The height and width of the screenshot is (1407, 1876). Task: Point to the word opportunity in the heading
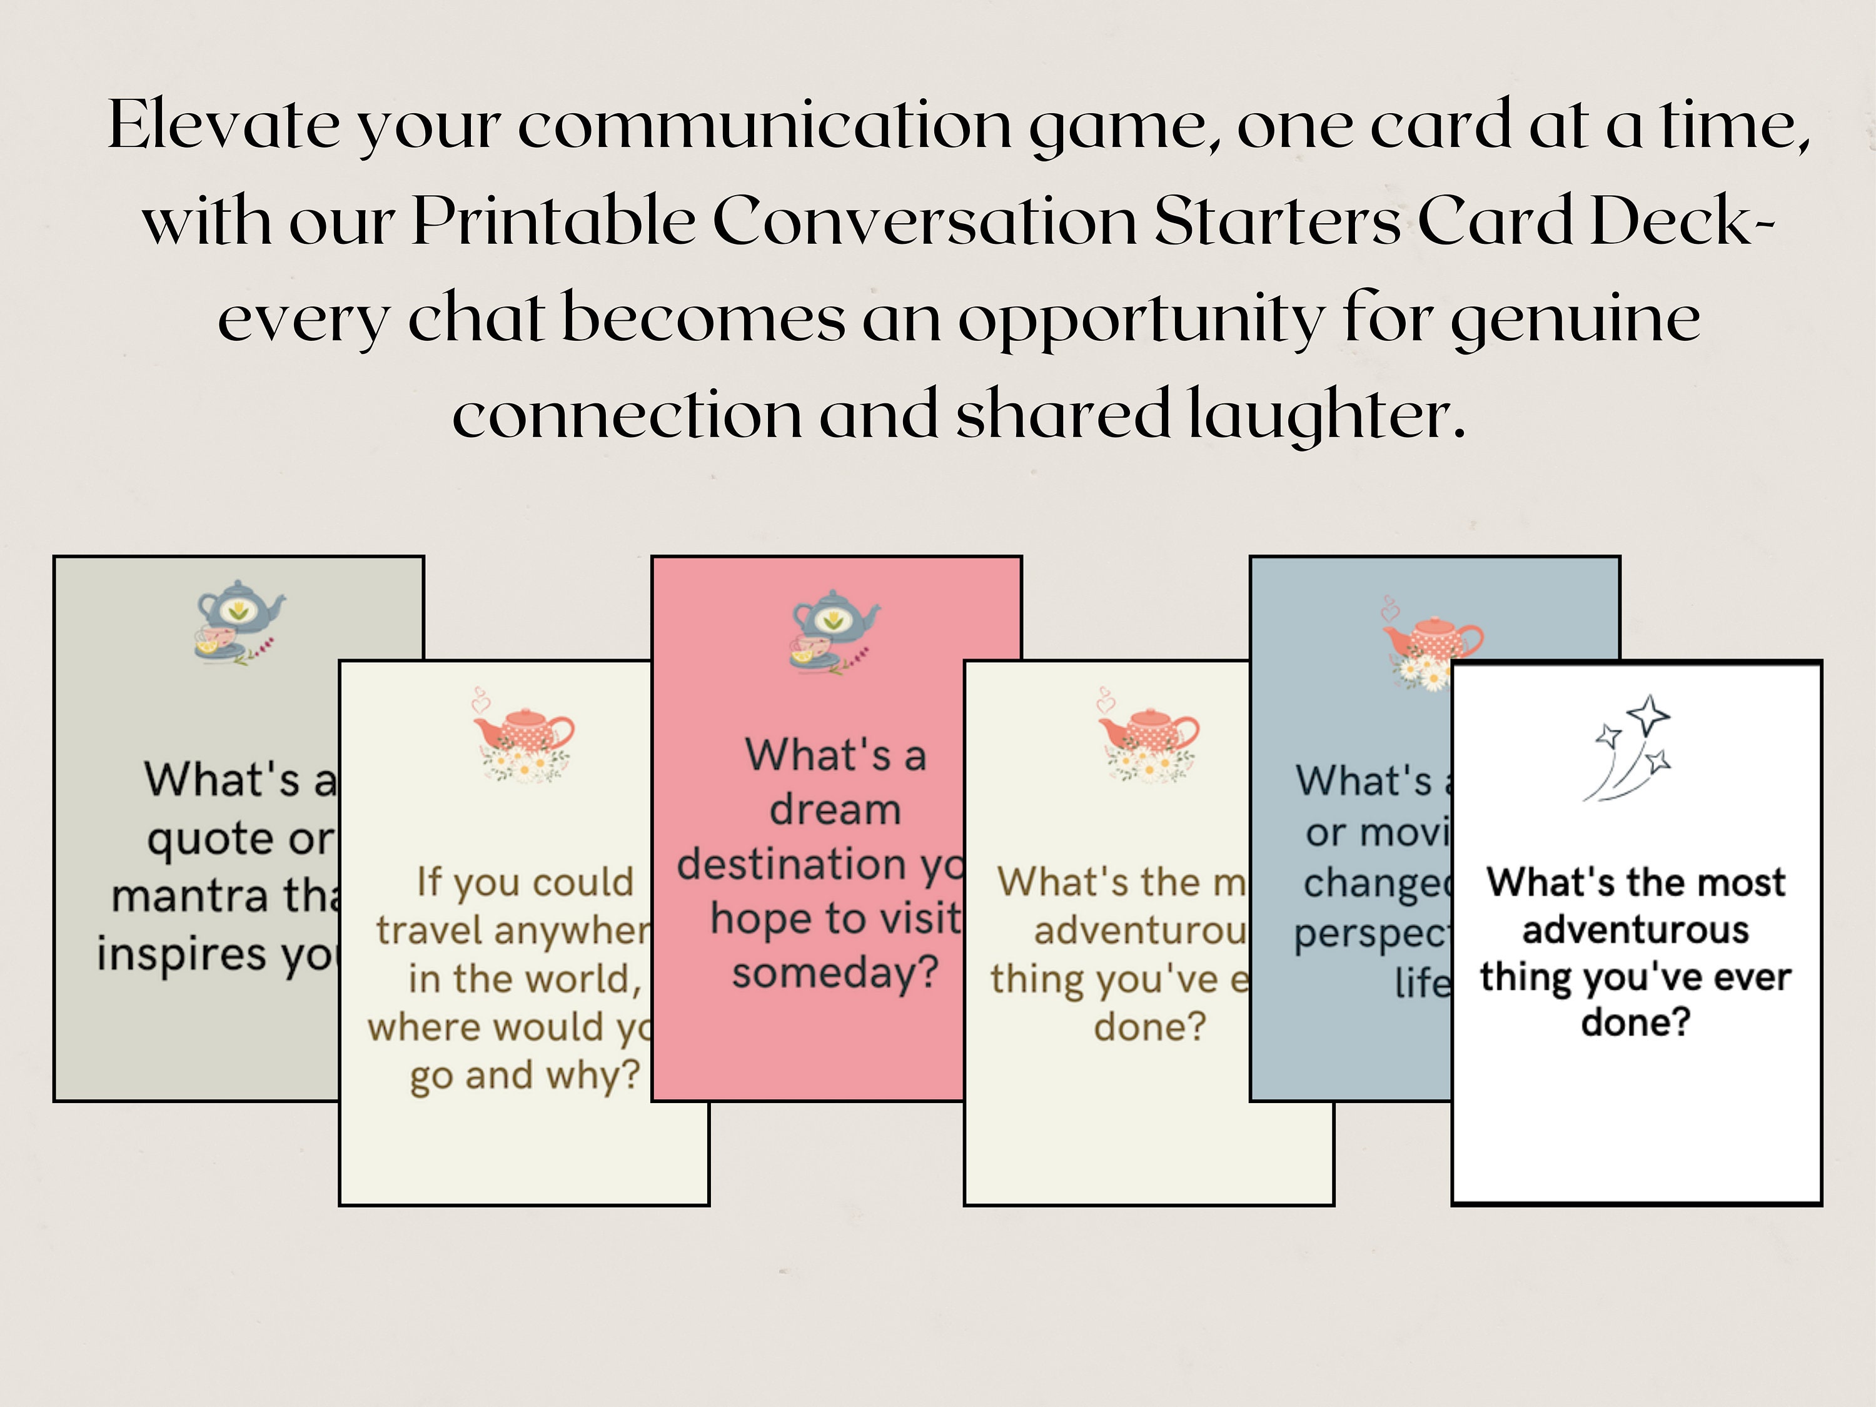pos(1141,320)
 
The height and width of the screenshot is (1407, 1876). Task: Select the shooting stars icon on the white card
pos(1628,746)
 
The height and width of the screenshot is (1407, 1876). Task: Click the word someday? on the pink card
pos(835,973)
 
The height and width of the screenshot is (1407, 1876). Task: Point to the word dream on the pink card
pos(835,810)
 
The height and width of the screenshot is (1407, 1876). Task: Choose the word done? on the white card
pos(1635,1022)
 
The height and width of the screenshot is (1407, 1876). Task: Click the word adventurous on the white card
pos(1635,930)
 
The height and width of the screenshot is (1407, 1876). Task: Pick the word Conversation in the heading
pos(924,221)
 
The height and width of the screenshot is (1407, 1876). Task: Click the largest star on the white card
pos(1649,715)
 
